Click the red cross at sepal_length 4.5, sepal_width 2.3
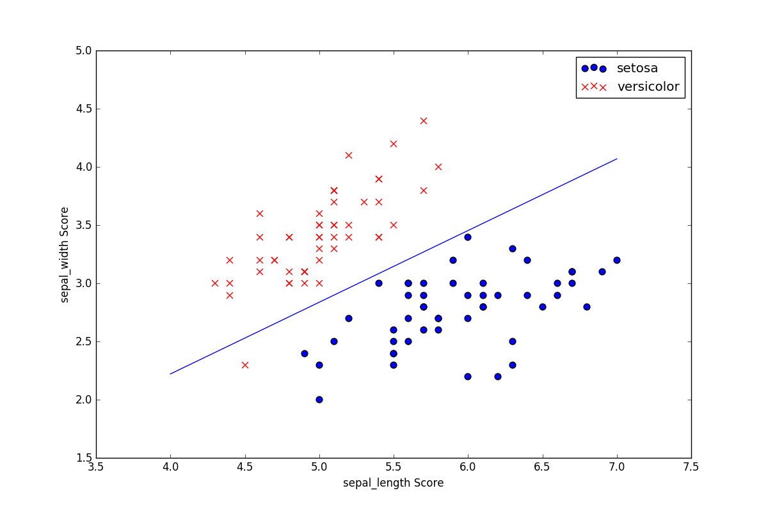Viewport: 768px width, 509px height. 244,364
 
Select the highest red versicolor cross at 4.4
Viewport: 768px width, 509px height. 230,260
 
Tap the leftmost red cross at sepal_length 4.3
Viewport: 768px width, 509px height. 215,283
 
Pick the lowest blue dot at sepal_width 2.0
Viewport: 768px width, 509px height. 319,400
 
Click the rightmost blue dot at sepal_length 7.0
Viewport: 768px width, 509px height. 617,260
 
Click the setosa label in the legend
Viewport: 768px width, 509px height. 637,68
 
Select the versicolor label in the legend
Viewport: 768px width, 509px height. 648,87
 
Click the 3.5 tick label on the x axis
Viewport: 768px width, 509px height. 96,467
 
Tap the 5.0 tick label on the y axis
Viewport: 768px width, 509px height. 83,51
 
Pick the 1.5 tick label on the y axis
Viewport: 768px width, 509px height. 83,458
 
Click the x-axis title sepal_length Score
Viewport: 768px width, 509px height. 393,483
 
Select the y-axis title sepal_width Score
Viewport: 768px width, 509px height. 65,254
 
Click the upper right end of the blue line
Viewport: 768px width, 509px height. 617,159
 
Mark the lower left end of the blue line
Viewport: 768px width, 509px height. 170,374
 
